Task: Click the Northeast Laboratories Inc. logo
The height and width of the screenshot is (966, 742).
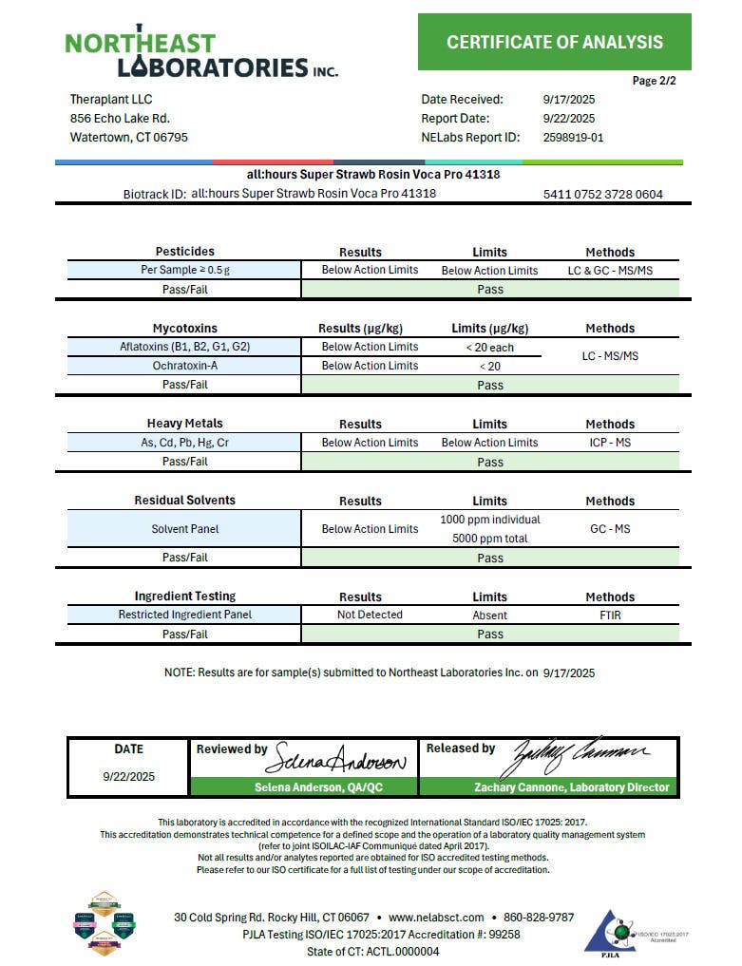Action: (x=200, y=53)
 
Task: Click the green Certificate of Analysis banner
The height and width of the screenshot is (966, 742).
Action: (x=554, y=42)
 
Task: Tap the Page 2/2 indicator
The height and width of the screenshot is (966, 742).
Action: (x=654, y=81)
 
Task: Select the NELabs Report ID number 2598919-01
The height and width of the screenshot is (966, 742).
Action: (x=573, y=137)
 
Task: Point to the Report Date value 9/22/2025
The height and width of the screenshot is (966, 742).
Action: (x=568, y=119)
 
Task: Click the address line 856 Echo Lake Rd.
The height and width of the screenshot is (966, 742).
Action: (x=120, y=119)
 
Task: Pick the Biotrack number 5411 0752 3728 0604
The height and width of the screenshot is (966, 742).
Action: (x=602, y=195)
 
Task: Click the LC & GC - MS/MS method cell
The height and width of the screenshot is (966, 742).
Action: (x=609, y=271)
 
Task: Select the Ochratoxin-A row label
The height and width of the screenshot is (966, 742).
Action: (x=184, y=366)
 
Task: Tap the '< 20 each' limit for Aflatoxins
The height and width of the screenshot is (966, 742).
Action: (x=489, y=348)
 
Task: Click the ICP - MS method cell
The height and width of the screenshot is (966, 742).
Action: (x=609, y=443)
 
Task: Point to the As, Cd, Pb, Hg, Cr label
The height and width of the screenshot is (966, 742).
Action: (x=184, y=443)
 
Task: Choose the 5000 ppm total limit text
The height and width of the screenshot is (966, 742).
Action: (x=489, y=539)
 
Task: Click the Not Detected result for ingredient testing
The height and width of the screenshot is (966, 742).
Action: (x=370, y=615)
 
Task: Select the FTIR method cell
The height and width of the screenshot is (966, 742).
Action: (x=609, y=615)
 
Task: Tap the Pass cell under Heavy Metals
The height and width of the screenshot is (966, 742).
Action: (x=489, y=463)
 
